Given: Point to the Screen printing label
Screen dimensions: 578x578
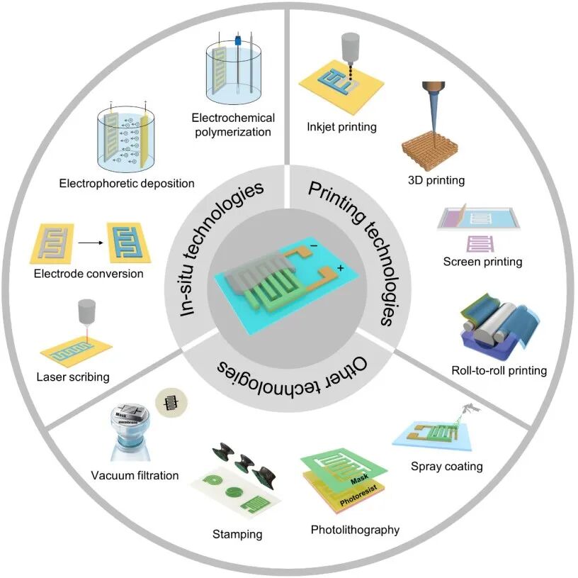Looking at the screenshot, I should (x=482, y=262).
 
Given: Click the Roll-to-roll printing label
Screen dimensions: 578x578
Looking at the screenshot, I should (x=499, y=369).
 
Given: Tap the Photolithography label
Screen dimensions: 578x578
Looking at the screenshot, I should (x=355, y=529).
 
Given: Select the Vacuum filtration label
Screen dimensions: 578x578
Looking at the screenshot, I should (x=135, y=475).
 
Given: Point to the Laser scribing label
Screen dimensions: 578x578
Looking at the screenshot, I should (x=73, y=377).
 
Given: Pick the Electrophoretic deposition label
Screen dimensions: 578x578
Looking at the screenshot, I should (x=127, y=184).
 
